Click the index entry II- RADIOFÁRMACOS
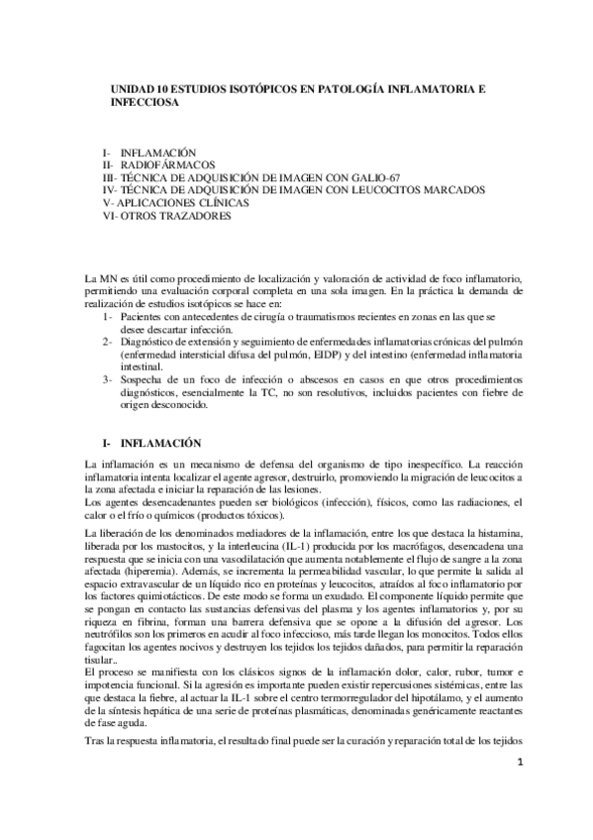tap(158, 163)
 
